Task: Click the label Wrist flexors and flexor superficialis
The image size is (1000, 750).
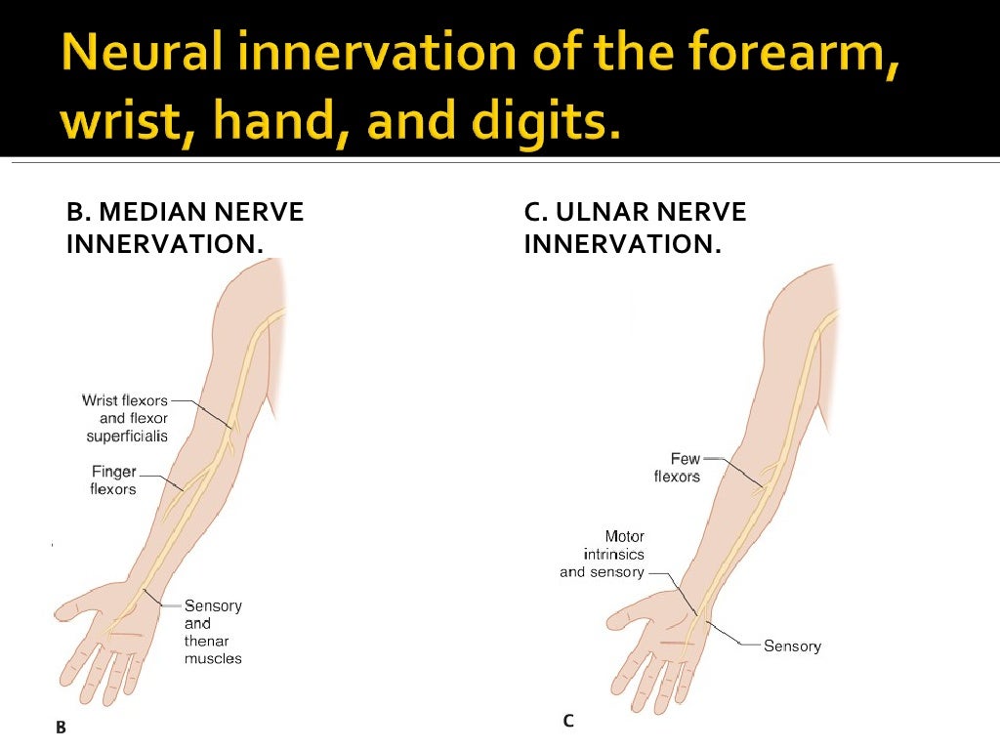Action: click(x=126, y=418)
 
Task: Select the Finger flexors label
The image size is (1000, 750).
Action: click(x=113, y=480)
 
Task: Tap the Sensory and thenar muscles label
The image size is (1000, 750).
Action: click(x=213, y=632)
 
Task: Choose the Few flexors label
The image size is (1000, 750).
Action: click(x=677, y=467)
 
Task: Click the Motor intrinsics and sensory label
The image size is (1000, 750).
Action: click(x=604, y=554)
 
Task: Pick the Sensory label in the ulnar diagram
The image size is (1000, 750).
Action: click(x=792, y=646)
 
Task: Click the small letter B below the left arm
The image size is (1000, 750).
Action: click(x=61, y=727)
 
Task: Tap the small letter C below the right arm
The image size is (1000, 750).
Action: click(x=567, y=721)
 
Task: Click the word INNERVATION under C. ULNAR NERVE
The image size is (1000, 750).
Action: click(x=622, y=243)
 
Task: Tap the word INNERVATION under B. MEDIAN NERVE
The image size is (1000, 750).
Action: click(x=164, y=243)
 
